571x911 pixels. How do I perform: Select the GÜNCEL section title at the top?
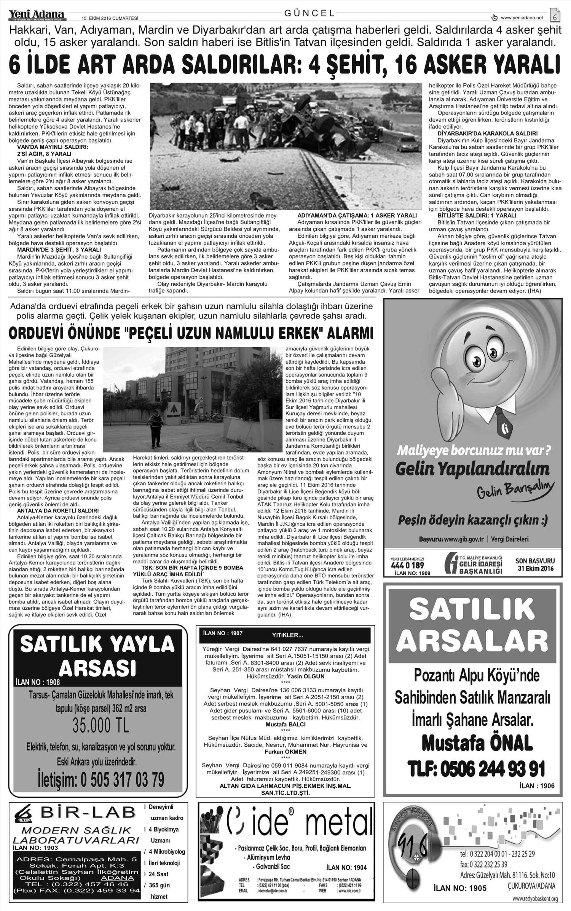coord(309,13)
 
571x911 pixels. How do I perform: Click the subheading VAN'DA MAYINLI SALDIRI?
coord(53,147)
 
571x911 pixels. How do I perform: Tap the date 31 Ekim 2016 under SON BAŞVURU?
coord(535,569)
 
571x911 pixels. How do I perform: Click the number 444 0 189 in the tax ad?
coord(407,566)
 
